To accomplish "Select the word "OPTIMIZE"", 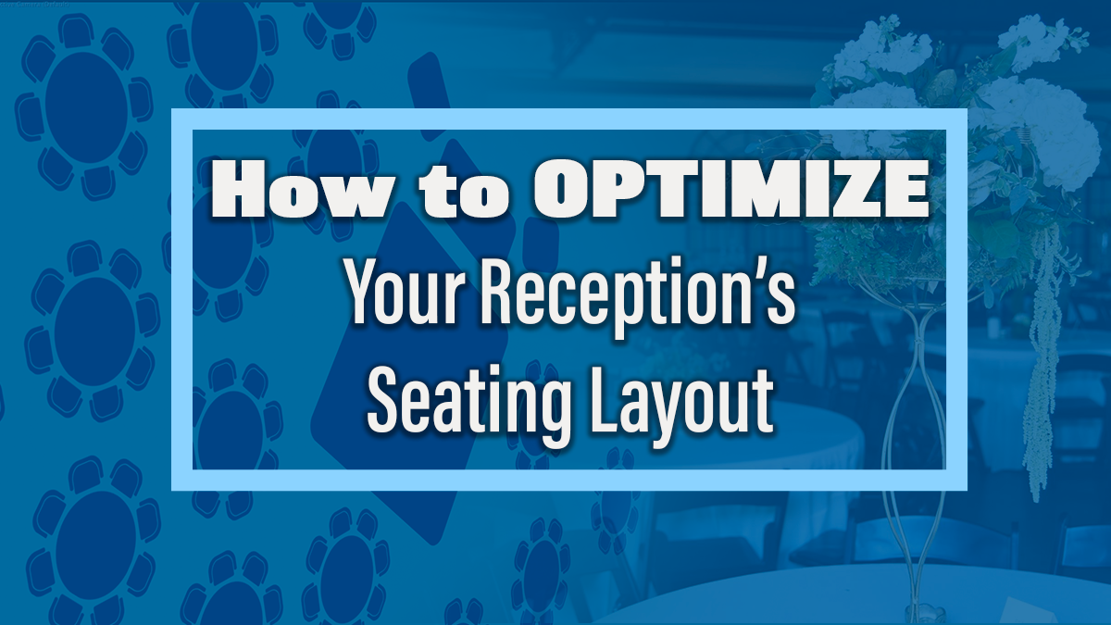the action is coord(731,190).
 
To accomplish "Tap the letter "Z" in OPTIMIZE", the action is coord(848,190).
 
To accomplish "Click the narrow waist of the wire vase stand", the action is coord(917,343).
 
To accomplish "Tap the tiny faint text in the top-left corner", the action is coord(35,5).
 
